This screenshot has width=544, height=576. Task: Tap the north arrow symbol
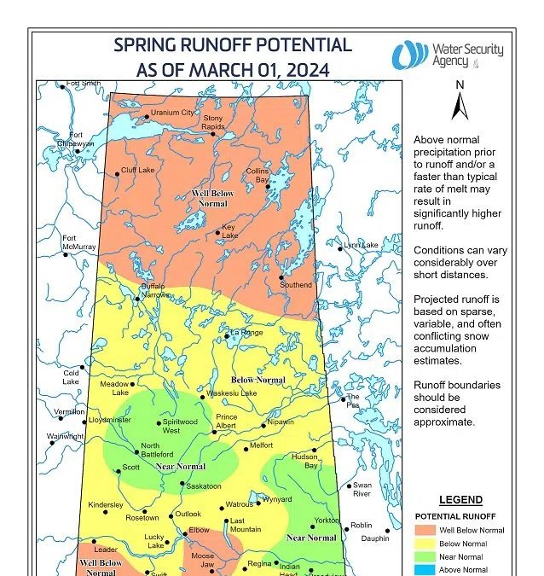460,104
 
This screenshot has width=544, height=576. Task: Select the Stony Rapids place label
213,123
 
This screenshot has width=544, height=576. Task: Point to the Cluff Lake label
137,171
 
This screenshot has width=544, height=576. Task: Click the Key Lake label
229,232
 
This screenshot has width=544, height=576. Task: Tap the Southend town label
296,284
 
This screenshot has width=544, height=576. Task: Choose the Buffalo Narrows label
154,290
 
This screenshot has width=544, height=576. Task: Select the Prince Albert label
227,422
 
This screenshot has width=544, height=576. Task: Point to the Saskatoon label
205,486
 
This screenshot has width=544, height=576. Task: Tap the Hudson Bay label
305,461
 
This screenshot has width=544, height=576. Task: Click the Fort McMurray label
79,242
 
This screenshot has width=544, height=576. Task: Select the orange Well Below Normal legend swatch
427,530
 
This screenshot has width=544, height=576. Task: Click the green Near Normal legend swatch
427,556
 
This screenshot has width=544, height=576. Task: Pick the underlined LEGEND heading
460,500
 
